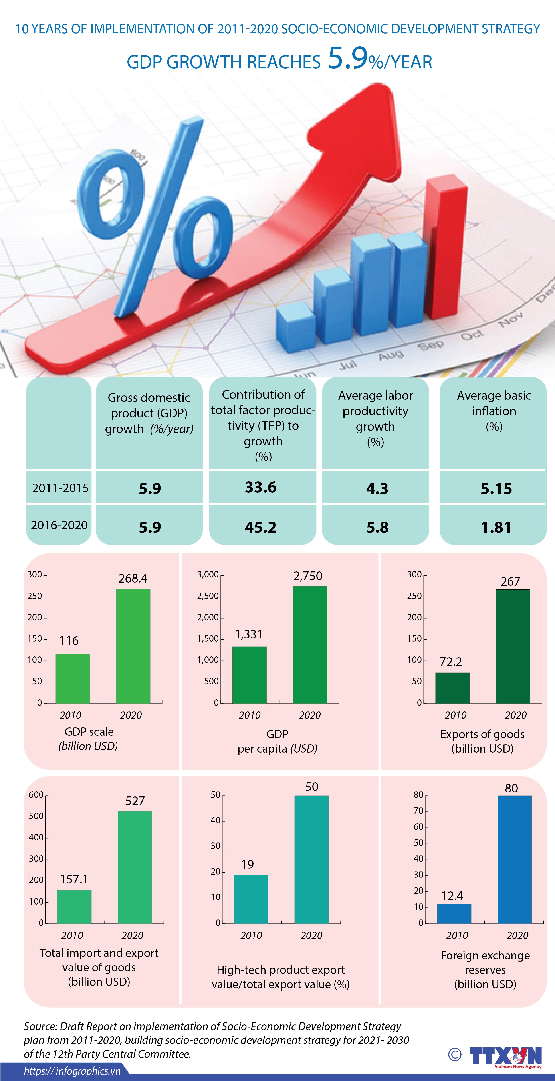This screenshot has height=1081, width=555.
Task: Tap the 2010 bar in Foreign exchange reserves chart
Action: pos(454,914)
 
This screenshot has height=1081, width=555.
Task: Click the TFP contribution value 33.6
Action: pos(261,487)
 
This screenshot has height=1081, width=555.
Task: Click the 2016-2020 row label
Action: pos(59,525)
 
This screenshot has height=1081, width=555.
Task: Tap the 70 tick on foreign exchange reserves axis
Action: pos(418,811)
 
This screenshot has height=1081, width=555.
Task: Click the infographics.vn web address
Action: pos(72,1071)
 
